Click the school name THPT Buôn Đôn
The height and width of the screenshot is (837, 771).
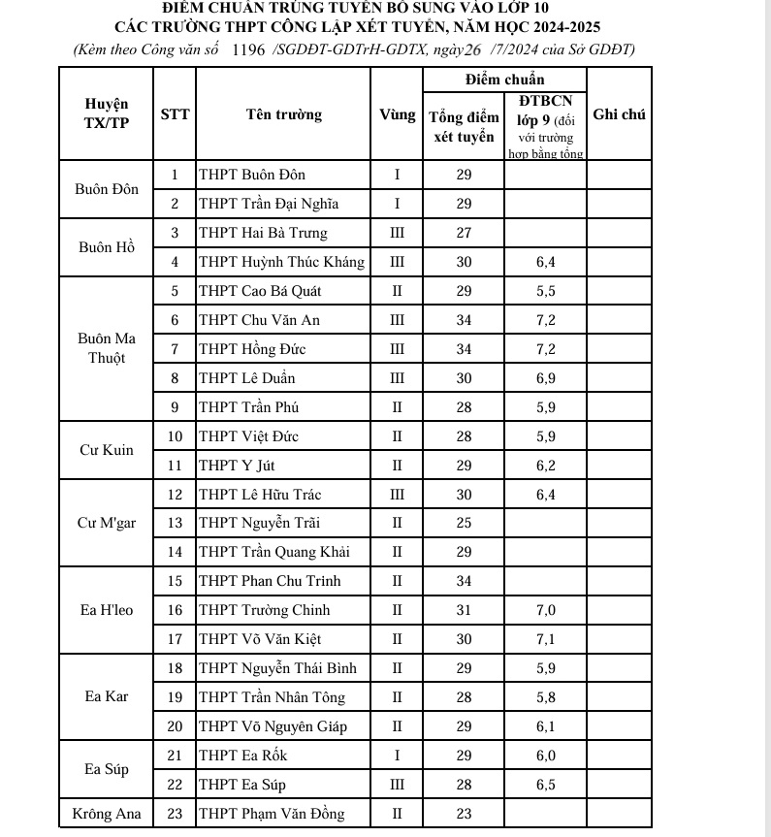252,176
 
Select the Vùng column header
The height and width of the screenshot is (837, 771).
397,114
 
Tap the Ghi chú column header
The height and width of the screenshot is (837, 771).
619,114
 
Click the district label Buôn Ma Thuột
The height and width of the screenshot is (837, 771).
106,348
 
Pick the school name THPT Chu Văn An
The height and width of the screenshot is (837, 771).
259,320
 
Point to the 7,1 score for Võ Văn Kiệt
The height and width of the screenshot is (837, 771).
545,639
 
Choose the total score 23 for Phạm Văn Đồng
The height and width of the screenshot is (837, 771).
464,814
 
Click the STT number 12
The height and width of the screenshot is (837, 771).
176,495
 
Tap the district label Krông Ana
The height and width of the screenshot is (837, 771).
106,814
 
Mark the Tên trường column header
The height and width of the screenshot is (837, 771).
283,114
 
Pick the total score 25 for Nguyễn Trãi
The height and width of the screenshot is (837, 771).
464,524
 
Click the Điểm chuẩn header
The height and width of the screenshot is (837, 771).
504,79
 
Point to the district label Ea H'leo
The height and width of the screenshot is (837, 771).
106,610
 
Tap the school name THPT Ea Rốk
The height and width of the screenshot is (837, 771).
242,756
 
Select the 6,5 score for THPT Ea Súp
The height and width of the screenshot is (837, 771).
545,785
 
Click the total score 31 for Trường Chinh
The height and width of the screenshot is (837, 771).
464,610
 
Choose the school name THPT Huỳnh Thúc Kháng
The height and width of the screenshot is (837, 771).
281,262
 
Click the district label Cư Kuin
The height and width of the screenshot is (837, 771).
106,451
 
